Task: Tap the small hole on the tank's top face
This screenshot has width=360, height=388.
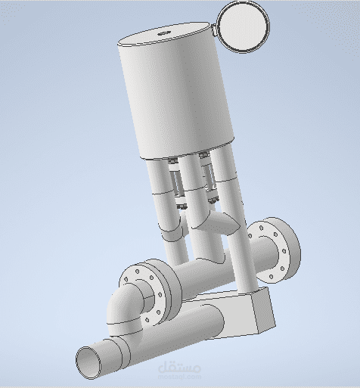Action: [163, 34]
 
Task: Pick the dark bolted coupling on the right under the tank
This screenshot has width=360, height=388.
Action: [206, 178]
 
